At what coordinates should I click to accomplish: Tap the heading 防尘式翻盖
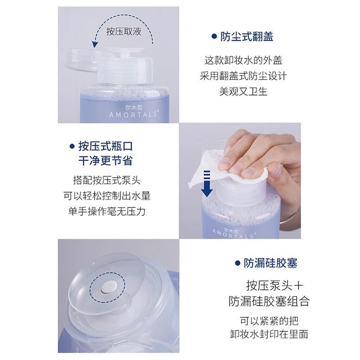(247, 36)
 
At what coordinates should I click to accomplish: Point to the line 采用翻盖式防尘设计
(243, 75)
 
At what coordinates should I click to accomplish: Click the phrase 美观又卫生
(243, 90)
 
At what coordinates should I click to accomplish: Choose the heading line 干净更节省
(105, 160)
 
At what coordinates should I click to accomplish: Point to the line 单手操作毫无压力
(107, 211)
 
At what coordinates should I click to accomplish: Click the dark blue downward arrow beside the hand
(207, 182)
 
